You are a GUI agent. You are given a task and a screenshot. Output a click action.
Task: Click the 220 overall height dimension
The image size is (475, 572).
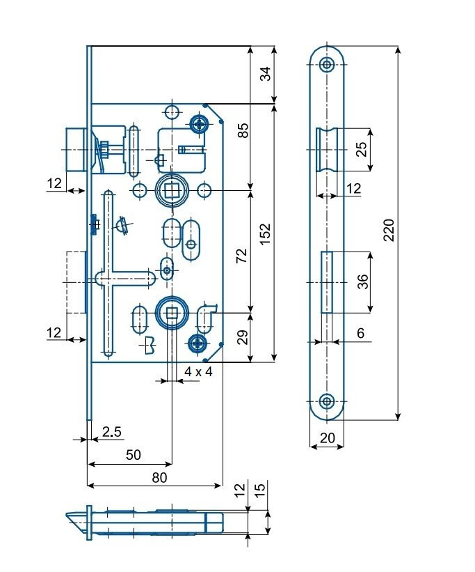389,230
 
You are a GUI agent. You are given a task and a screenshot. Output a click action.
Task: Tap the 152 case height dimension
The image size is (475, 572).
266,234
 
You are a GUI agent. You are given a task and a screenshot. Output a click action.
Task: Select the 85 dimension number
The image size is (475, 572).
243,130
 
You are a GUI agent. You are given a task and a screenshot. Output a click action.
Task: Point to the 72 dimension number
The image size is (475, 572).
241,256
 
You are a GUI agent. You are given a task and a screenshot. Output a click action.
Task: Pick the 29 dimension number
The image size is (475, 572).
242,337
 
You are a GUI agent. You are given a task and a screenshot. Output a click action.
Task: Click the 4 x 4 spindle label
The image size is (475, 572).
198,372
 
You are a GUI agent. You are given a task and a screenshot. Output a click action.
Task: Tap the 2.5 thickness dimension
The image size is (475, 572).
111,431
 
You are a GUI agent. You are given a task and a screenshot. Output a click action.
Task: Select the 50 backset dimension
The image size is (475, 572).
134,454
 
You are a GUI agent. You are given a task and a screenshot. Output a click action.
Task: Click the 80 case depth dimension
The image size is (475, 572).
159,477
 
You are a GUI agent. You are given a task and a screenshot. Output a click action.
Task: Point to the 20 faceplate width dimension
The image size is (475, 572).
327,438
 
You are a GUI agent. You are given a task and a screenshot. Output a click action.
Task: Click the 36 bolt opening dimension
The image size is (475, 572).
363,281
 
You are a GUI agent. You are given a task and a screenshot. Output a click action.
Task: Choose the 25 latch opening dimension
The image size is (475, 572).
362,149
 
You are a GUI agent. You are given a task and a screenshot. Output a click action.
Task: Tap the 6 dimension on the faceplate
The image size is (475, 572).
361,333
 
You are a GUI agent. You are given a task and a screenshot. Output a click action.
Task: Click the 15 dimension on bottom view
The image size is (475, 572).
260,489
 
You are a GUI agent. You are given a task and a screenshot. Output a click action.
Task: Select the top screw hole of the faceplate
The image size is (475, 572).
327,65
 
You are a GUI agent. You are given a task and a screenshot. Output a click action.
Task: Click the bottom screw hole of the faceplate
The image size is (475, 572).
327,401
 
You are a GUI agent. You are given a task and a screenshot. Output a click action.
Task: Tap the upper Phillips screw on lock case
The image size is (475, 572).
199,125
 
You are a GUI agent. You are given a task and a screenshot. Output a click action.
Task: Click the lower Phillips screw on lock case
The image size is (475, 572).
198,343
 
